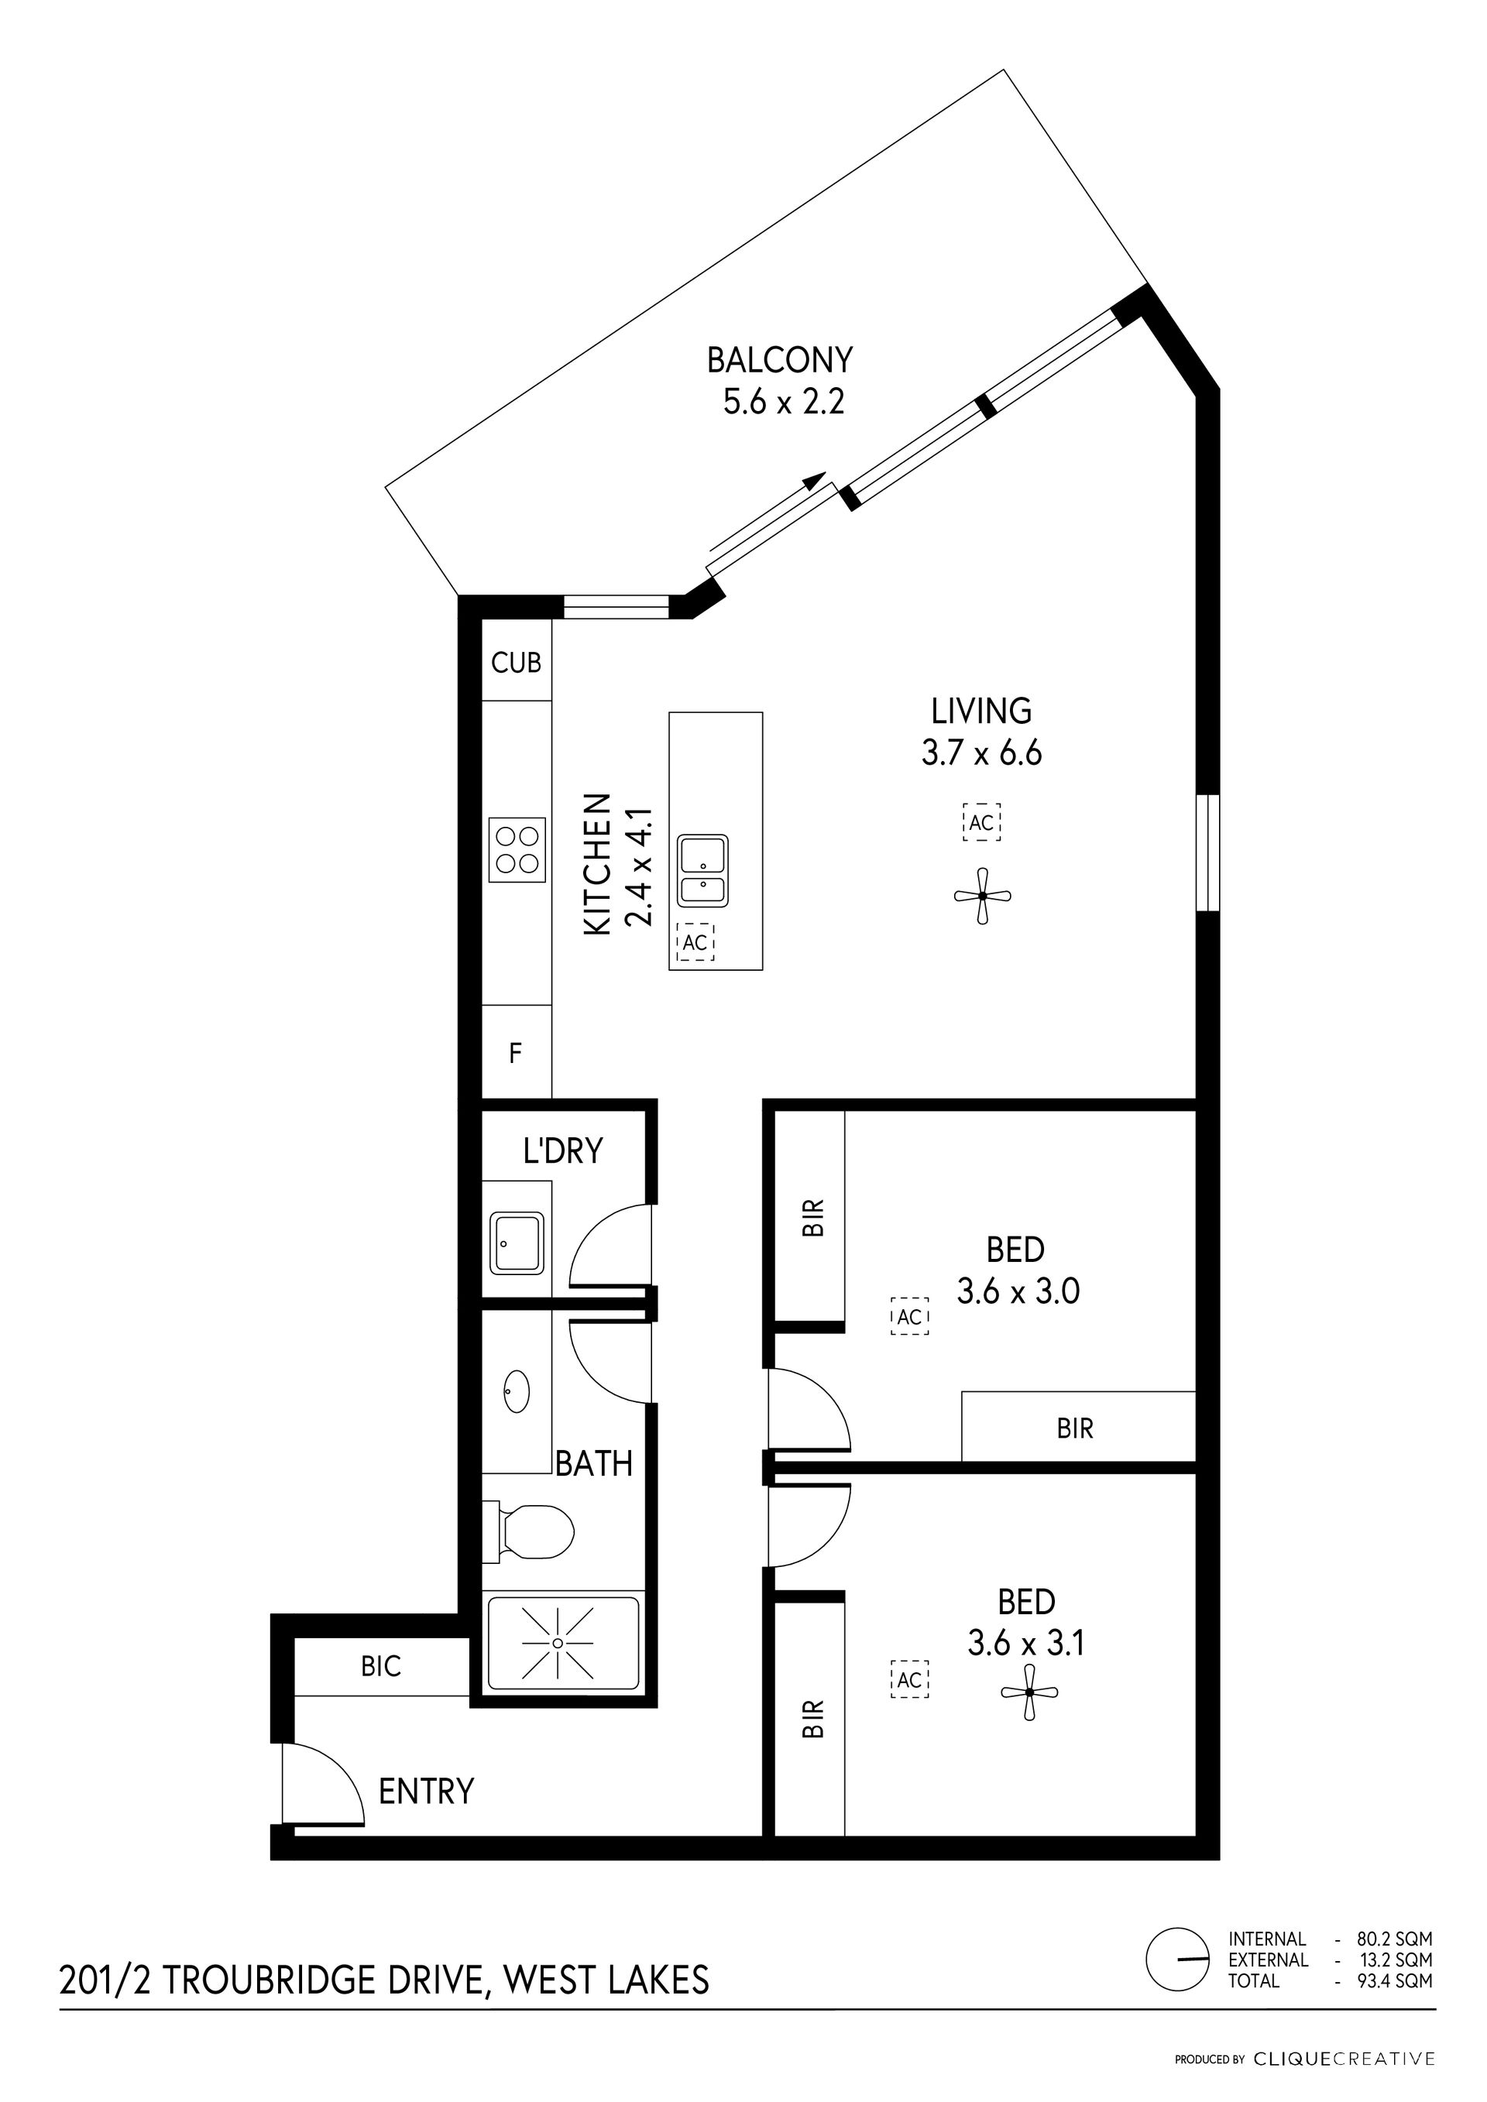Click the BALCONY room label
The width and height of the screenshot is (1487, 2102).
[x=779, y=360]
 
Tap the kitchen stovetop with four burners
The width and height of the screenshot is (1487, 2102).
[x=517, y=849]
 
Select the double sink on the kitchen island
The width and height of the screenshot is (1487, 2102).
[x=702, y=871]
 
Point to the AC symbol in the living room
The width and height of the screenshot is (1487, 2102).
[x=981, y=822]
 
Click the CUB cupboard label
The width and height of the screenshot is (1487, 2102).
[x=517, y=662]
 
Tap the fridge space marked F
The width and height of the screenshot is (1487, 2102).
[x=516, y=1053]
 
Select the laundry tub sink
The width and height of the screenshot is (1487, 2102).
[x=517, y=1243]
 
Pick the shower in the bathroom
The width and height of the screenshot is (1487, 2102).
[x=563, y=1644]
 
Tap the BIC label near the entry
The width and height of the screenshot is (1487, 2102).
[x=381, y=1666]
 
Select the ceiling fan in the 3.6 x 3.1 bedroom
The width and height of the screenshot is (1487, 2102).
[x=1030, y=1692]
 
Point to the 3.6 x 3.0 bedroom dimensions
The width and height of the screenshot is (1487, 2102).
[x=1018, y=1291]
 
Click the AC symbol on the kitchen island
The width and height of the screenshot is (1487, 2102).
[x=695, y=942]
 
